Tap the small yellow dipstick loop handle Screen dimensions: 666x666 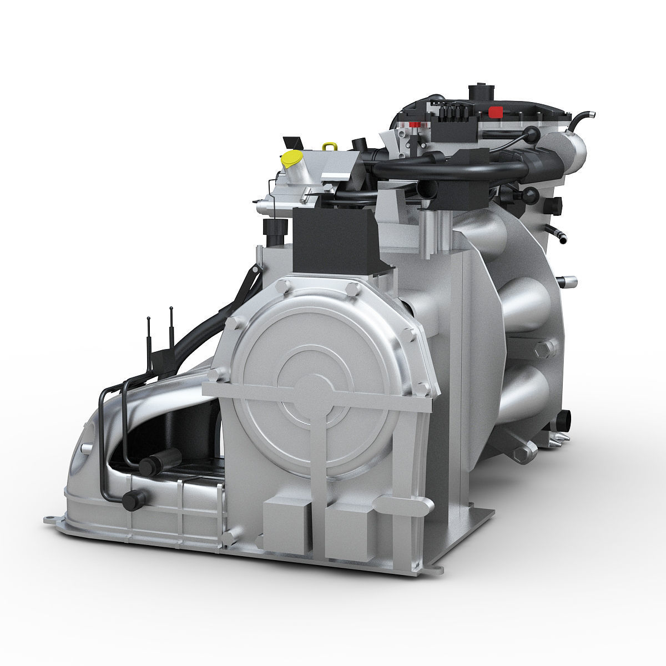click(329, 146)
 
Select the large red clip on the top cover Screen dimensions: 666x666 click(493, 111)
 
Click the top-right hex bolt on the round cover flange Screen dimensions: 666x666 click(352, 289)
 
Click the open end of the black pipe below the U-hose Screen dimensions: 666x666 click(420, 191)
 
